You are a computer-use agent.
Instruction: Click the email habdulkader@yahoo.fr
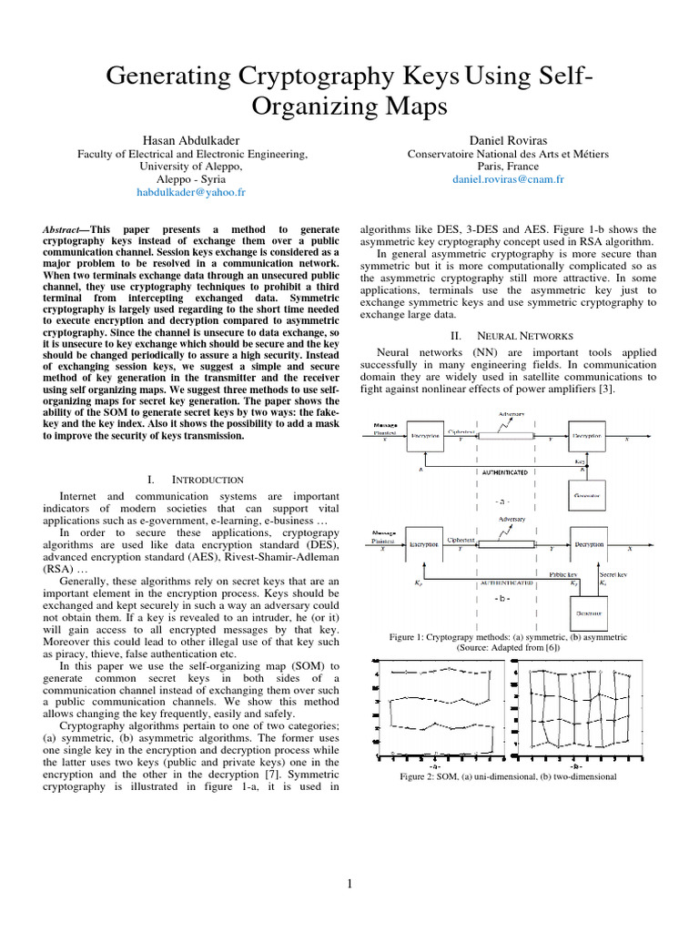[190, 193]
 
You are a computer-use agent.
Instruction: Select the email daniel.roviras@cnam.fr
[508, 180]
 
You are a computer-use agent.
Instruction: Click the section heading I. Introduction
[194, 479]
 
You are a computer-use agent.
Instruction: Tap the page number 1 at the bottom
[350, 883]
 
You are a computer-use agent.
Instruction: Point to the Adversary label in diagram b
[512, 519]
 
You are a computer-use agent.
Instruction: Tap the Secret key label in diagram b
[611, 573]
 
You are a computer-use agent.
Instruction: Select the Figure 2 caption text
[508, 776]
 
